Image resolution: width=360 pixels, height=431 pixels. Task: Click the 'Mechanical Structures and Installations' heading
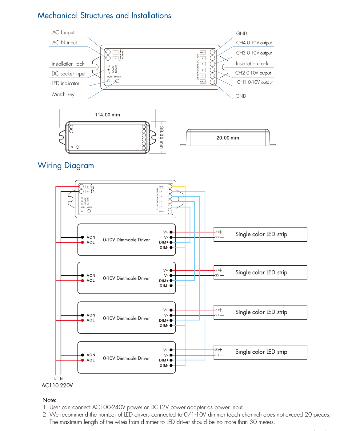pyautogui.click(x=104, y=15)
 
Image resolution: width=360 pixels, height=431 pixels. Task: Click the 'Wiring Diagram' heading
pyautogui.click(x=66, y=166)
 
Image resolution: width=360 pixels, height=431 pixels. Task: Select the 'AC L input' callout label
pyautogui.click(x=63, y=33)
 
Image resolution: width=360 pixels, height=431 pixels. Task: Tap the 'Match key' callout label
pyautogui.click(x=63, y=95)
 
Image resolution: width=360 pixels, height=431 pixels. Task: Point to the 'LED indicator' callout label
pyautogui.click(x=65, y=83)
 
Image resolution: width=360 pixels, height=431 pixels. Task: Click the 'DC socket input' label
pyautogui.click(x=68, y=74)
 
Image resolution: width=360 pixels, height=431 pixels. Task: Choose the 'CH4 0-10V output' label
pyautogui.click(x=254, y=43)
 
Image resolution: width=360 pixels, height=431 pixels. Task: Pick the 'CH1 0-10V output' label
pyautogui.click(x=255, y=82)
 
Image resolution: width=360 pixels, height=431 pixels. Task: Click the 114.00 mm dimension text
pyautogui.click(x=107, y=115)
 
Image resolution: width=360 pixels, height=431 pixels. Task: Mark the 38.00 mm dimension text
pyautogui.click(x=162, y=137)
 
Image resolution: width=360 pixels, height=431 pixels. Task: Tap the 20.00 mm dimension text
pyautogui.click(x=228, y=138)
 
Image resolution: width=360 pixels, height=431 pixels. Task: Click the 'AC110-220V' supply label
pyautogui.click(x=57, y=385)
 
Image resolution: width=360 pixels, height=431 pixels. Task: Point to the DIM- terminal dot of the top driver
pyautogui.click(x=171, y=248)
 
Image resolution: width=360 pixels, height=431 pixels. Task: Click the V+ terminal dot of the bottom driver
pyautogui.click(x=171, y=350)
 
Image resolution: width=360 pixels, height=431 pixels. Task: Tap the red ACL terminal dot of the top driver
pyautogui.click(x=82, y=243)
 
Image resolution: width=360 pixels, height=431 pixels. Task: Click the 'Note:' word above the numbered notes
pyautogui.click(x=49, y=400)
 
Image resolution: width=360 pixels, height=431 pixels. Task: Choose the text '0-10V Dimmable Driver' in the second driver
pyautogui.click(x=126, y=278)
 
